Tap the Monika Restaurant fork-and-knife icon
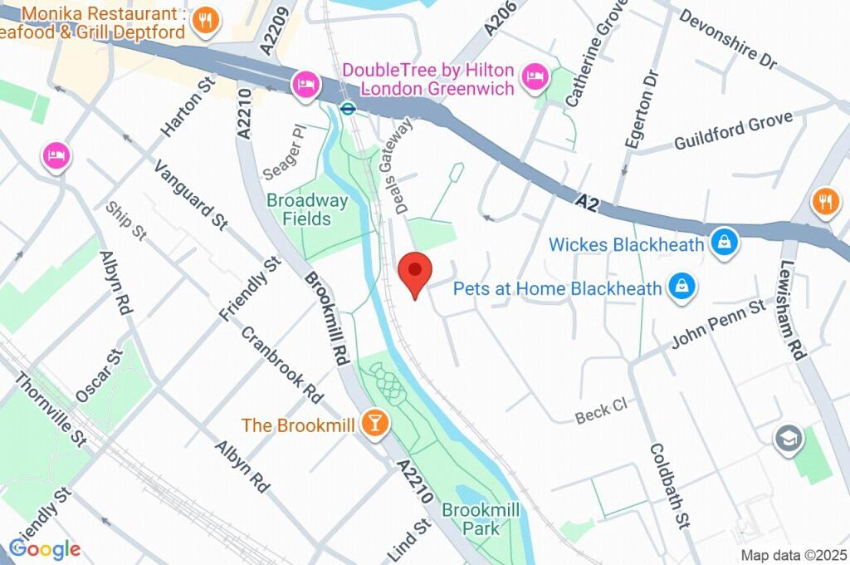tap(204, 20)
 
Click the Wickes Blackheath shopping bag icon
tap(725, 243)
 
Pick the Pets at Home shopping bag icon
tap(681, 287)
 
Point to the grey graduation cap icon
tap(785, 439)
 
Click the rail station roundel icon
tap(349, 107)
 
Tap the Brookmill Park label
tap(471, 518)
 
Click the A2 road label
tap(587, 200)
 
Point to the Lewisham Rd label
tap(791, 307)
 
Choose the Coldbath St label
tap(669, 485)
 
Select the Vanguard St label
tap(190, 193)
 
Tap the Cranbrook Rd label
tap(282, 360)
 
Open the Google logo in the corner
tap(45, 548)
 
